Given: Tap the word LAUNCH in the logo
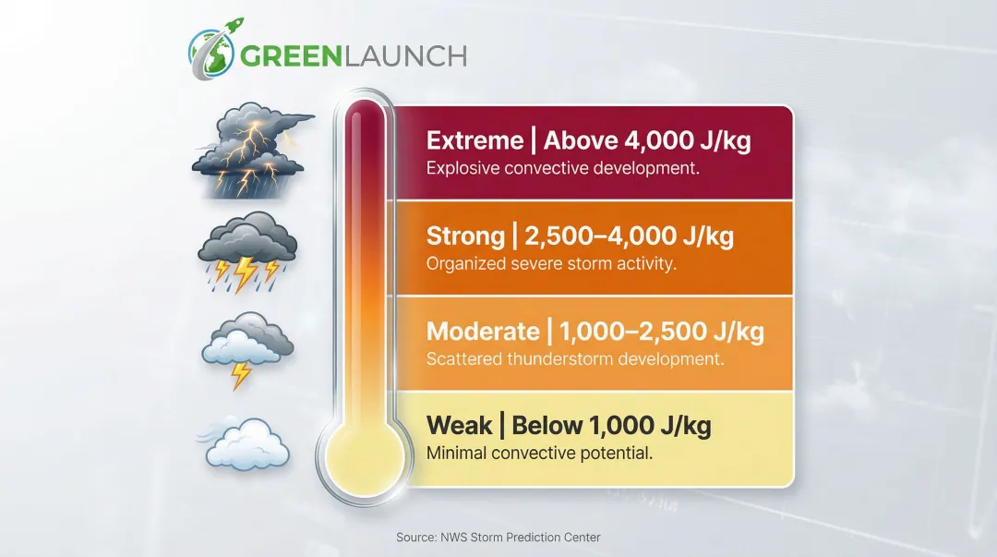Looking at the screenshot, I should click(x=406, y=56).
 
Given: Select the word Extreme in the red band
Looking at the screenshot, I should click(x=474, y=140).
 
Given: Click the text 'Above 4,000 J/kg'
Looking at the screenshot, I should click(x=647, y=140).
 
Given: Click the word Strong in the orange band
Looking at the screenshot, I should click(x=465, y=236).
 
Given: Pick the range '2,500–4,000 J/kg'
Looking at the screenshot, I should click(x=629, y=236).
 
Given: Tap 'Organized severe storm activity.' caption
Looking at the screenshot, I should click(x=551, y=264).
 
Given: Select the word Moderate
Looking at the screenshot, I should click(x=483, y=331).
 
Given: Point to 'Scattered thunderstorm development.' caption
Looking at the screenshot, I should click(x=574, y=358).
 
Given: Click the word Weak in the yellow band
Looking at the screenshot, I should click(x=459, y=426).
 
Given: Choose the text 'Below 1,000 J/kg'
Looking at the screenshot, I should click(x=611, y=426).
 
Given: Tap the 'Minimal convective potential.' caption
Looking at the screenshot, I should click(x=539, y=454).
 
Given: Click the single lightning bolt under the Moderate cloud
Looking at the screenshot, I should click(x=241, y=374).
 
